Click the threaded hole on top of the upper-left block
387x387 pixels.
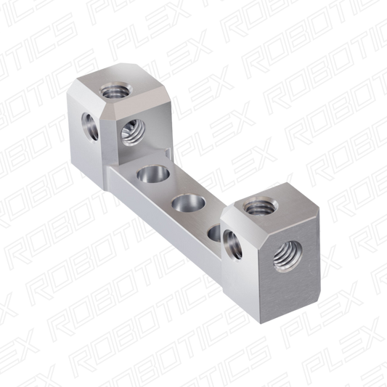(x=115, y=91)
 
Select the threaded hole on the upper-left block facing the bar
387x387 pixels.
(x=133, y=131)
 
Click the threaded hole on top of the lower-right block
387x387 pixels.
(x=261, y=205)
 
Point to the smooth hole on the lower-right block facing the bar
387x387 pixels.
(x=232, y=245)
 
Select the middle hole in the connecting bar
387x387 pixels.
(x=189, y=203)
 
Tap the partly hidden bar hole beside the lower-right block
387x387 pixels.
(x=215, y=233)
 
